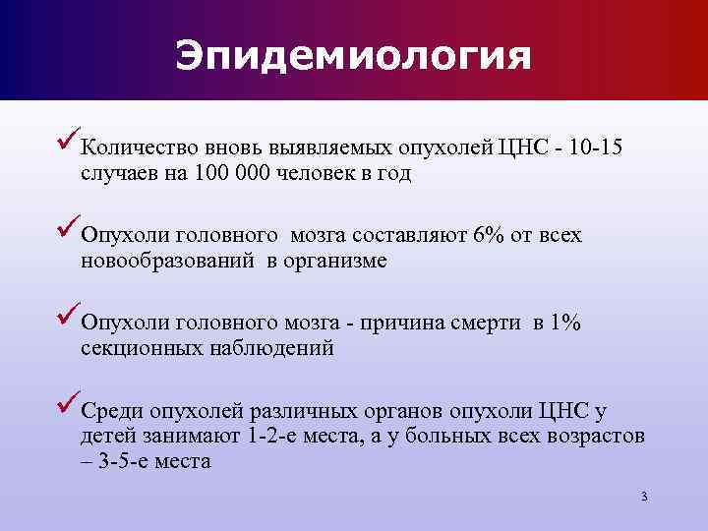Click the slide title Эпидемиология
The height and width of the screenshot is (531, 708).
coord(353,55)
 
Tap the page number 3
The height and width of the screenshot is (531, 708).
coord(643,497)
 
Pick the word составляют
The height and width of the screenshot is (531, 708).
coord(416,236)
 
